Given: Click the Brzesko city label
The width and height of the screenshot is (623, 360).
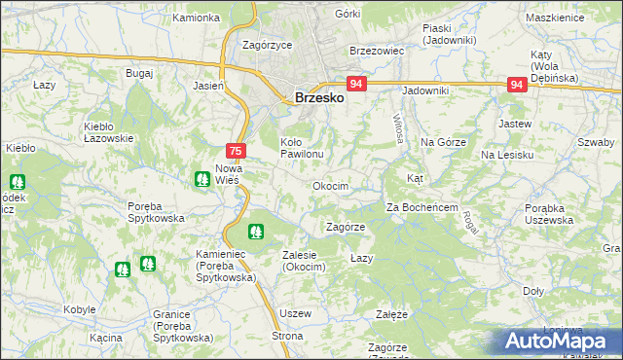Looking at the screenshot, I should [x=316, y=97].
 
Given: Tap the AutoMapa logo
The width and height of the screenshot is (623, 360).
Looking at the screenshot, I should [x=560, y=341].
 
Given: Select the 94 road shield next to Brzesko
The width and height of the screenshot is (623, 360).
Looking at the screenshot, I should [x=356, y=85].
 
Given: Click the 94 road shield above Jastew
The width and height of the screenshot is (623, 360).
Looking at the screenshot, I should [x=517, y=85].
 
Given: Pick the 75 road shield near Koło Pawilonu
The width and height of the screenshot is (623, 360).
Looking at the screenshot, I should [x=236, y=151].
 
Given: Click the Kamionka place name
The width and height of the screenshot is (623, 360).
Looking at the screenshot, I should [x=196, y=18].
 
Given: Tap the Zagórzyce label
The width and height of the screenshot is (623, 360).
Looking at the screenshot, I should [x=268, y=45].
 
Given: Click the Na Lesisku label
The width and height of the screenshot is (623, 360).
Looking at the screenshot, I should [x=506, y=155].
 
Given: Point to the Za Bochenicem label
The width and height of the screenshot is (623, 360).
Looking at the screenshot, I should [x=421, y=207].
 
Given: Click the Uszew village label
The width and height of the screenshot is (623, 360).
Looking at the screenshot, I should [x=294, y=313].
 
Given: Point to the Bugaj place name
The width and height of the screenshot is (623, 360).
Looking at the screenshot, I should [x=139, y=73].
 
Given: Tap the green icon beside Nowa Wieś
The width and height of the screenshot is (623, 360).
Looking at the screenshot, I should [x=201, y=178].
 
